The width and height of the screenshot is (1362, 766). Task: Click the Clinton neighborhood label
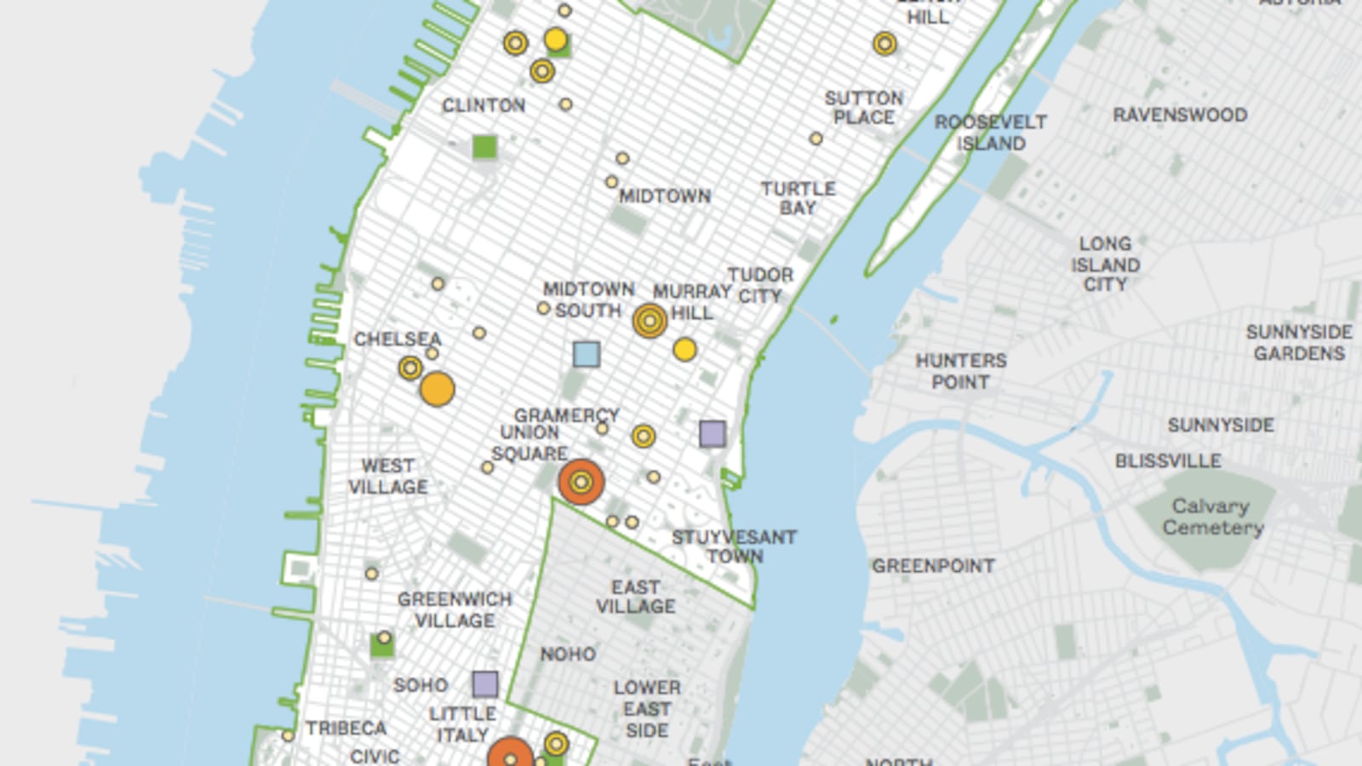point(484,106)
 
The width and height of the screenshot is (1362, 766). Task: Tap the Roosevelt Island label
point(991,133)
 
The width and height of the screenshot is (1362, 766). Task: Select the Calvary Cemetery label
point(1212,517)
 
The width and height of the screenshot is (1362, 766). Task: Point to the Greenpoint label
point(933,566)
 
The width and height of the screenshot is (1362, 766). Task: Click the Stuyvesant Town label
point(734,546)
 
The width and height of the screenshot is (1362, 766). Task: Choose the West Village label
point(388,477)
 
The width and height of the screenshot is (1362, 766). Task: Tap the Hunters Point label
point(961,372)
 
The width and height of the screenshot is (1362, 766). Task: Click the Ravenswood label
point(1180,115)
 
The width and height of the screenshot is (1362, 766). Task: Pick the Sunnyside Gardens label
point(1299,342)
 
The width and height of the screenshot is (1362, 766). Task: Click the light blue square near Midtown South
point(587,354)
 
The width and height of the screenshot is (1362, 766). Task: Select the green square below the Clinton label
point(484,147)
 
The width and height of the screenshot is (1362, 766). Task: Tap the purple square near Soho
point(485,683)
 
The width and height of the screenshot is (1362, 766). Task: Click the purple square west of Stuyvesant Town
point(712,434)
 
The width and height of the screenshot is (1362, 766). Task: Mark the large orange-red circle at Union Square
point(581,483)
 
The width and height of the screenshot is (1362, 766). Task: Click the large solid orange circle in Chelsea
point(438,389)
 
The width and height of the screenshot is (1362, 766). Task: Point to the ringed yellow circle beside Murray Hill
point(650,321)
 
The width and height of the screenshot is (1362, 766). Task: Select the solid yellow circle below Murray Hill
point(684,350)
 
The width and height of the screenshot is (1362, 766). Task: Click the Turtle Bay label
point(798,198)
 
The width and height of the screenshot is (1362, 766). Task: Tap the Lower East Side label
point(647,709)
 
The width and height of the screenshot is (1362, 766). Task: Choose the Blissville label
point(1168,461)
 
